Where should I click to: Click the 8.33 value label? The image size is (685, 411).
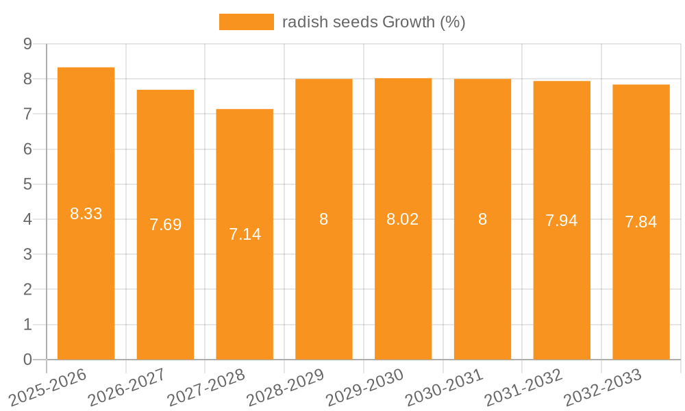(86, 214)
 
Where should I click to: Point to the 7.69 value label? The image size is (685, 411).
(166, 225)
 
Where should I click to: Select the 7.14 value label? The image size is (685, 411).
(245, 234)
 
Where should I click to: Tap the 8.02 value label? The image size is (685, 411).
(403, 219)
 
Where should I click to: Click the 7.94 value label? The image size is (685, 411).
(562, 221)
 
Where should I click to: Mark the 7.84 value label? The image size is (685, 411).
(641, 222)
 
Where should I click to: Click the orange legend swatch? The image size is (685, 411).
(247, 22)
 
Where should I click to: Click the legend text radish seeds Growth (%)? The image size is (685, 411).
(374, 22)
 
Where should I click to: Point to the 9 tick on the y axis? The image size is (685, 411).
(27, 44)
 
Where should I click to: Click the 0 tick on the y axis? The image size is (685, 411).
(27, 360)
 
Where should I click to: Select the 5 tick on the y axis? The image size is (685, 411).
(27, 184)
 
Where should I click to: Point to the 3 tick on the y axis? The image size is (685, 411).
(27, 254)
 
